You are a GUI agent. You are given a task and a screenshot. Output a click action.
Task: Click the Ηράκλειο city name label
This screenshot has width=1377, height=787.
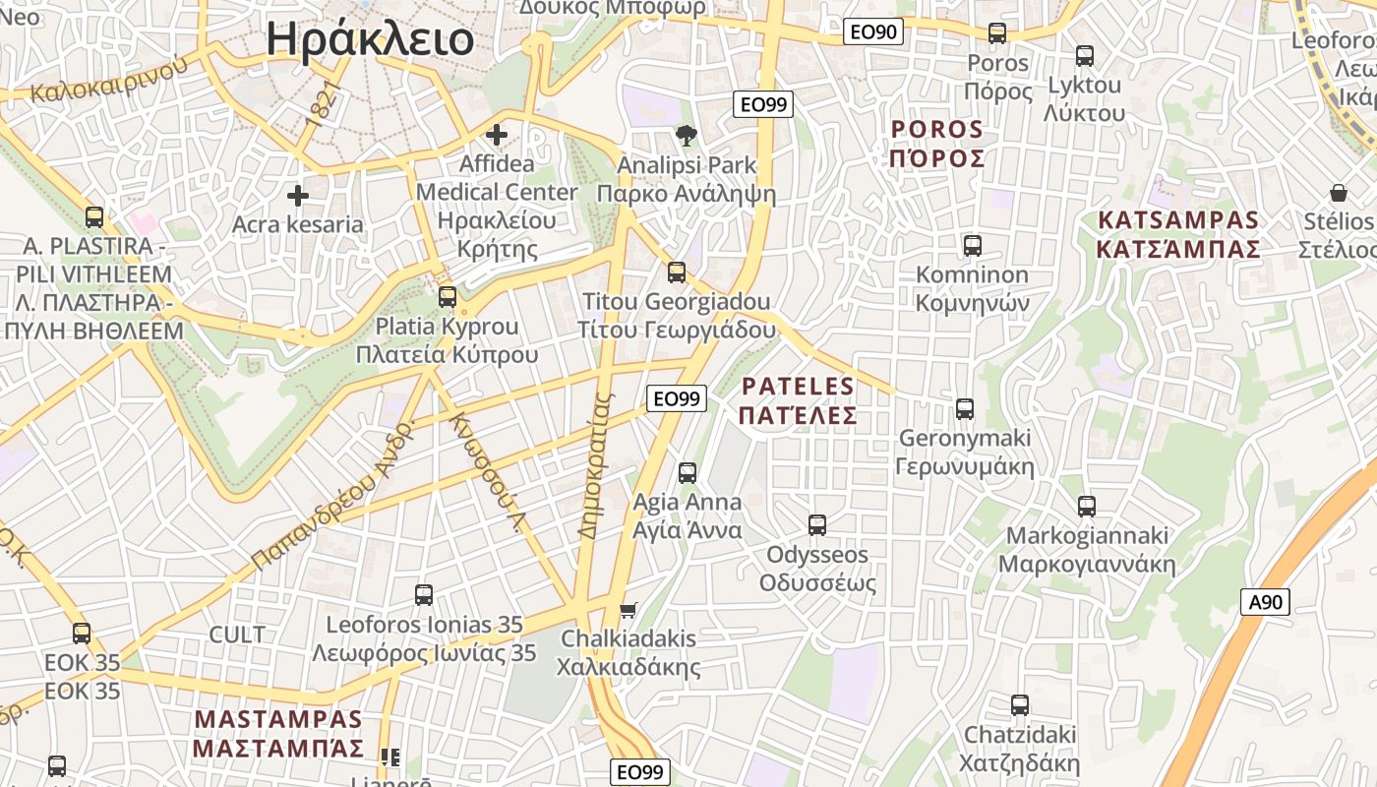(x=370, y=39)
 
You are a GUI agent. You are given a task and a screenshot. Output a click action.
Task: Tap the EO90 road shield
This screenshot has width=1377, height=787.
(x=873, y=31)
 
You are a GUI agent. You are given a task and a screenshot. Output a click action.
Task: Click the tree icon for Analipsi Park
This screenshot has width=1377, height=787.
(x=686, y=135)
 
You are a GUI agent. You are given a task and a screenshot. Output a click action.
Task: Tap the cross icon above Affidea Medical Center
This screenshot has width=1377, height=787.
(x=498, y=135)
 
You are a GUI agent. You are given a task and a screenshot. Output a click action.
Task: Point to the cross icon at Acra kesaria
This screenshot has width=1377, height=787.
(x=298, y=196)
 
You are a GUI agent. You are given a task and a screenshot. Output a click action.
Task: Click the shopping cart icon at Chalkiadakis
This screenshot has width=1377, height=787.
(x=629, y=610)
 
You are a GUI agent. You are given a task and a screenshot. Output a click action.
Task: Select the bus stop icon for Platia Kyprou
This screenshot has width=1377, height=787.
(x=448, y=296)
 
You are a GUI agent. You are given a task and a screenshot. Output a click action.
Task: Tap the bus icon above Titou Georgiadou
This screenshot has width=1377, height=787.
(x=677, y=272)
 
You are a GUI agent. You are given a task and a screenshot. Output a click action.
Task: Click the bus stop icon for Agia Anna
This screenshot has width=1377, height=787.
(x=688, y=473)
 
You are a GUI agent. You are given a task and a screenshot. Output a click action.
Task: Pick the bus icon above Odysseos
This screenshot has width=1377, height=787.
(x=817, y=525)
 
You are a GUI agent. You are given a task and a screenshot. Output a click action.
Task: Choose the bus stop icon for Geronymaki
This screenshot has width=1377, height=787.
(x=965, y=408)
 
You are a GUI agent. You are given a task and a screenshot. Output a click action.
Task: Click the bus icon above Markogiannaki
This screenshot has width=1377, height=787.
(x=1087, y=507)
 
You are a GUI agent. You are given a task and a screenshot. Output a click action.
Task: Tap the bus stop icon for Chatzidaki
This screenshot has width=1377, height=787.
(x=1020, y=705)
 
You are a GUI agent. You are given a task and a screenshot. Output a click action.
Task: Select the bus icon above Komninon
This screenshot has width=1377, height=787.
(x=973, y=246)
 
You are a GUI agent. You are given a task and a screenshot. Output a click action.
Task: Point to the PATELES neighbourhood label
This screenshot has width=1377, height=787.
(x=799, y=400)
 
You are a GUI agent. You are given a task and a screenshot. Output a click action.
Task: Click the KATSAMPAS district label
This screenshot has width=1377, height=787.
(x=1178, y=234)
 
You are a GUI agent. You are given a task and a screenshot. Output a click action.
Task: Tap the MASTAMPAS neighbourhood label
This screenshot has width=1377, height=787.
(x=278, y=734)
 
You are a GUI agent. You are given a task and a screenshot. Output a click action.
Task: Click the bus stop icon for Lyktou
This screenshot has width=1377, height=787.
(x=1085, y=56)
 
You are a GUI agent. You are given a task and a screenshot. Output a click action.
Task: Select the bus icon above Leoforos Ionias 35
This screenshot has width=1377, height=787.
(x=424, y=595)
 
